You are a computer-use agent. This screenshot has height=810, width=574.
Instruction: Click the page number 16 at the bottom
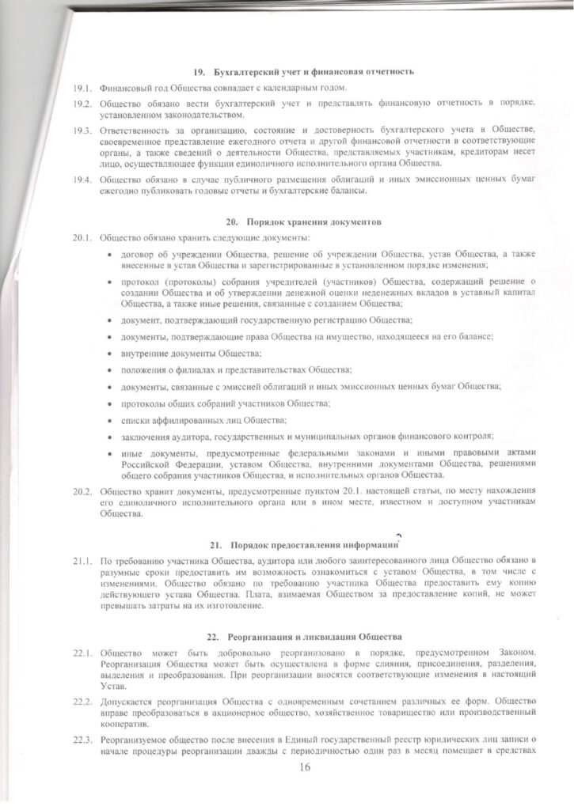306,767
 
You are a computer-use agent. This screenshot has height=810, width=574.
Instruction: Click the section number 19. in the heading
197,72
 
